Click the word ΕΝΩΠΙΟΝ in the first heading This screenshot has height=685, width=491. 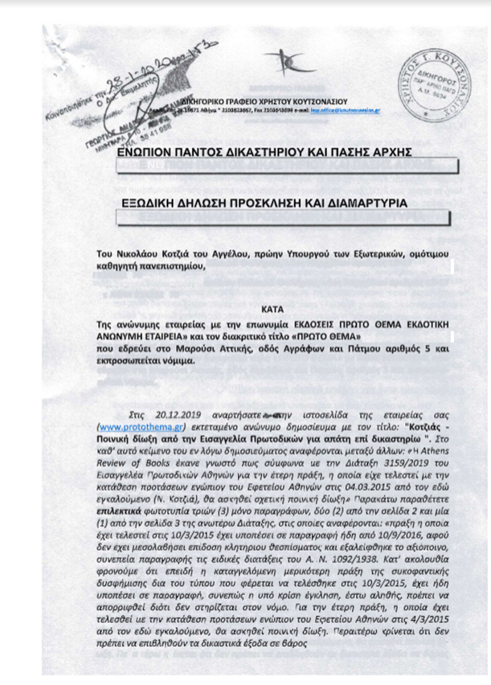[x=147, y=152]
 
